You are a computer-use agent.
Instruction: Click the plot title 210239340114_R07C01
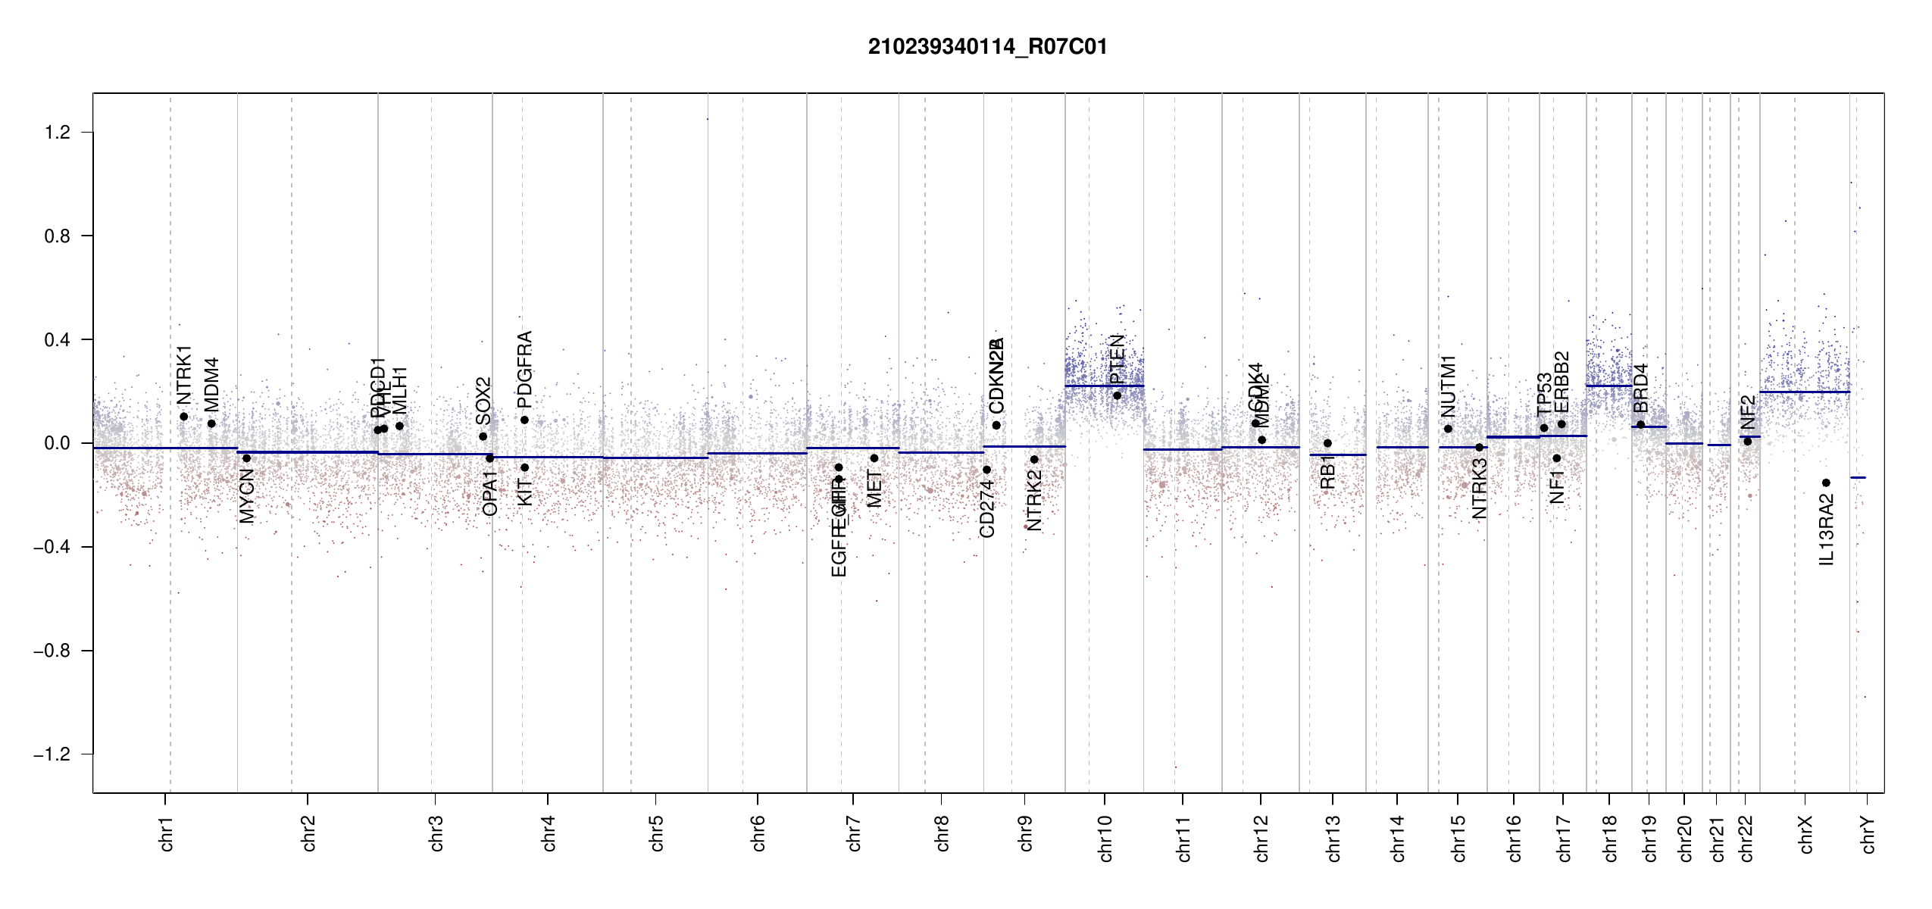987,47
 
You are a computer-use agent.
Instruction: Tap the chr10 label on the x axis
1105,839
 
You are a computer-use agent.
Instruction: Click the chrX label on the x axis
1806,835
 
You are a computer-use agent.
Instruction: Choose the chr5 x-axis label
656,833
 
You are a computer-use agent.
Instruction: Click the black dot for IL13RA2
1826,483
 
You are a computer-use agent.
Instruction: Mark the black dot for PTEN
1117,395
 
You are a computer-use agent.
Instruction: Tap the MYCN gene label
247,496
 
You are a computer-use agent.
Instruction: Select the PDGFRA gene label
524,370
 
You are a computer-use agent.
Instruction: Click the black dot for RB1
1327,443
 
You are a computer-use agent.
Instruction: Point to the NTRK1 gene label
184,376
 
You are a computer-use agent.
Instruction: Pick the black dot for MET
874,458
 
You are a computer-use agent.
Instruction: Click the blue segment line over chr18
1608,386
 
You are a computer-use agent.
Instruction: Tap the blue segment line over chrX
1804,392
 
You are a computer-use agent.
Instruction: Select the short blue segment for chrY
1858,477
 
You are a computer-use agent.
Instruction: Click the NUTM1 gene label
1449,386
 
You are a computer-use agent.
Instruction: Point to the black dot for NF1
1557,458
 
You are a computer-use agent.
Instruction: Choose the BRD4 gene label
1641,388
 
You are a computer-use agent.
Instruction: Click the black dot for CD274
986,470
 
